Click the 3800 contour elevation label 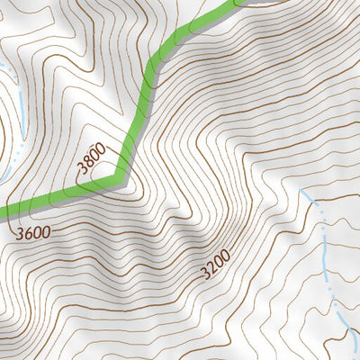click(x=92, y=158)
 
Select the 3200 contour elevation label click(x=216, y=264)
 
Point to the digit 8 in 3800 click(x=88, y=162)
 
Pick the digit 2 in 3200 click(x=212, y=267)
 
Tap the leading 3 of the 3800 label click(x=82, y=168)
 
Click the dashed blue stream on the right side click(x=327, y=261)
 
